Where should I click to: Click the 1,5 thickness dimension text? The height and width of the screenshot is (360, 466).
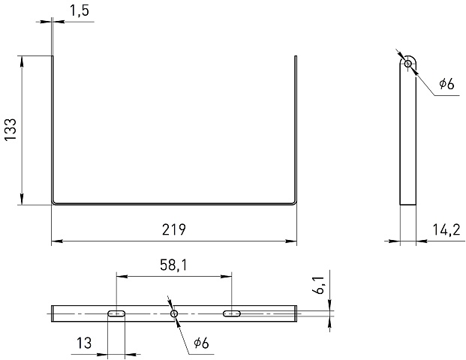pos(80,11)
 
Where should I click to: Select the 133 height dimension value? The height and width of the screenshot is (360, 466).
pos(11,130)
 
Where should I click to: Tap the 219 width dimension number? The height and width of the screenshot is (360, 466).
pos(174,229)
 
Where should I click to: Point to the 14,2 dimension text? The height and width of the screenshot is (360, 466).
pos(446,229)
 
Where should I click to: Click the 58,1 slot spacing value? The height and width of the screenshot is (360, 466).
pos(173,265)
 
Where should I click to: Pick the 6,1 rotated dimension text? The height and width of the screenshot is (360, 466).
pos(318,284)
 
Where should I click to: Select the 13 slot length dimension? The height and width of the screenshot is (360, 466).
pos(84,343)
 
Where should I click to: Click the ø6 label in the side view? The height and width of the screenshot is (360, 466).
pos(446,84)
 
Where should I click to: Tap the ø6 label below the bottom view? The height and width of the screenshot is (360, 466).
pos(202,343)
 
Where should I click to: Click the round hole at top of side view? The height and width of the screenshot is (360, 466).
pos(408,63)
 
